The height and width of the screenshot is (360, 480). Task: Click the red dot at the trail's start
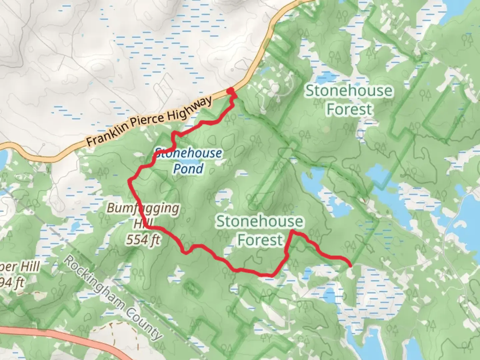click(x=230, y=91)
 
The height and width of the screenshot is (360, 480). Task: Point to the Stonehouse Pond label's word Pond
click(x=188, y=169)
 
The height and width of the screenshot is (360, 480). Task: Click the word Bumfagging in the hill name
click(x=143, y=208)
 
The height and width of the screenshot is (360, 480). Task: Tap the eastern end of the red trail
click(x=350, y=265)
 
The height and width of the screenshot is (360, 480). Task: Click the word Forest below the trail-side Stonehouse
click(x=260, y=240)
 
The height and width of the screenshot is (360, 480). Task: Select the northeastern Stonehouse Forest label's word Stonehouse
click(x=349, y=91)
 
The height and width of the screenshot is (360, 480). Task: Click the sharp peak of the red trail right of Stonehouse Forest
click(x=292, y=231)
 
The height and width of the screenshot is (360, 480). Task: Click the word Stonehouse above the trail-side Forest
click(x=260, y=222)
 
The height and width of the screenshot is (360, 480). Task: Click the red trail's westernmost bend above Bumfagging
click(x=130, y=181)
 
